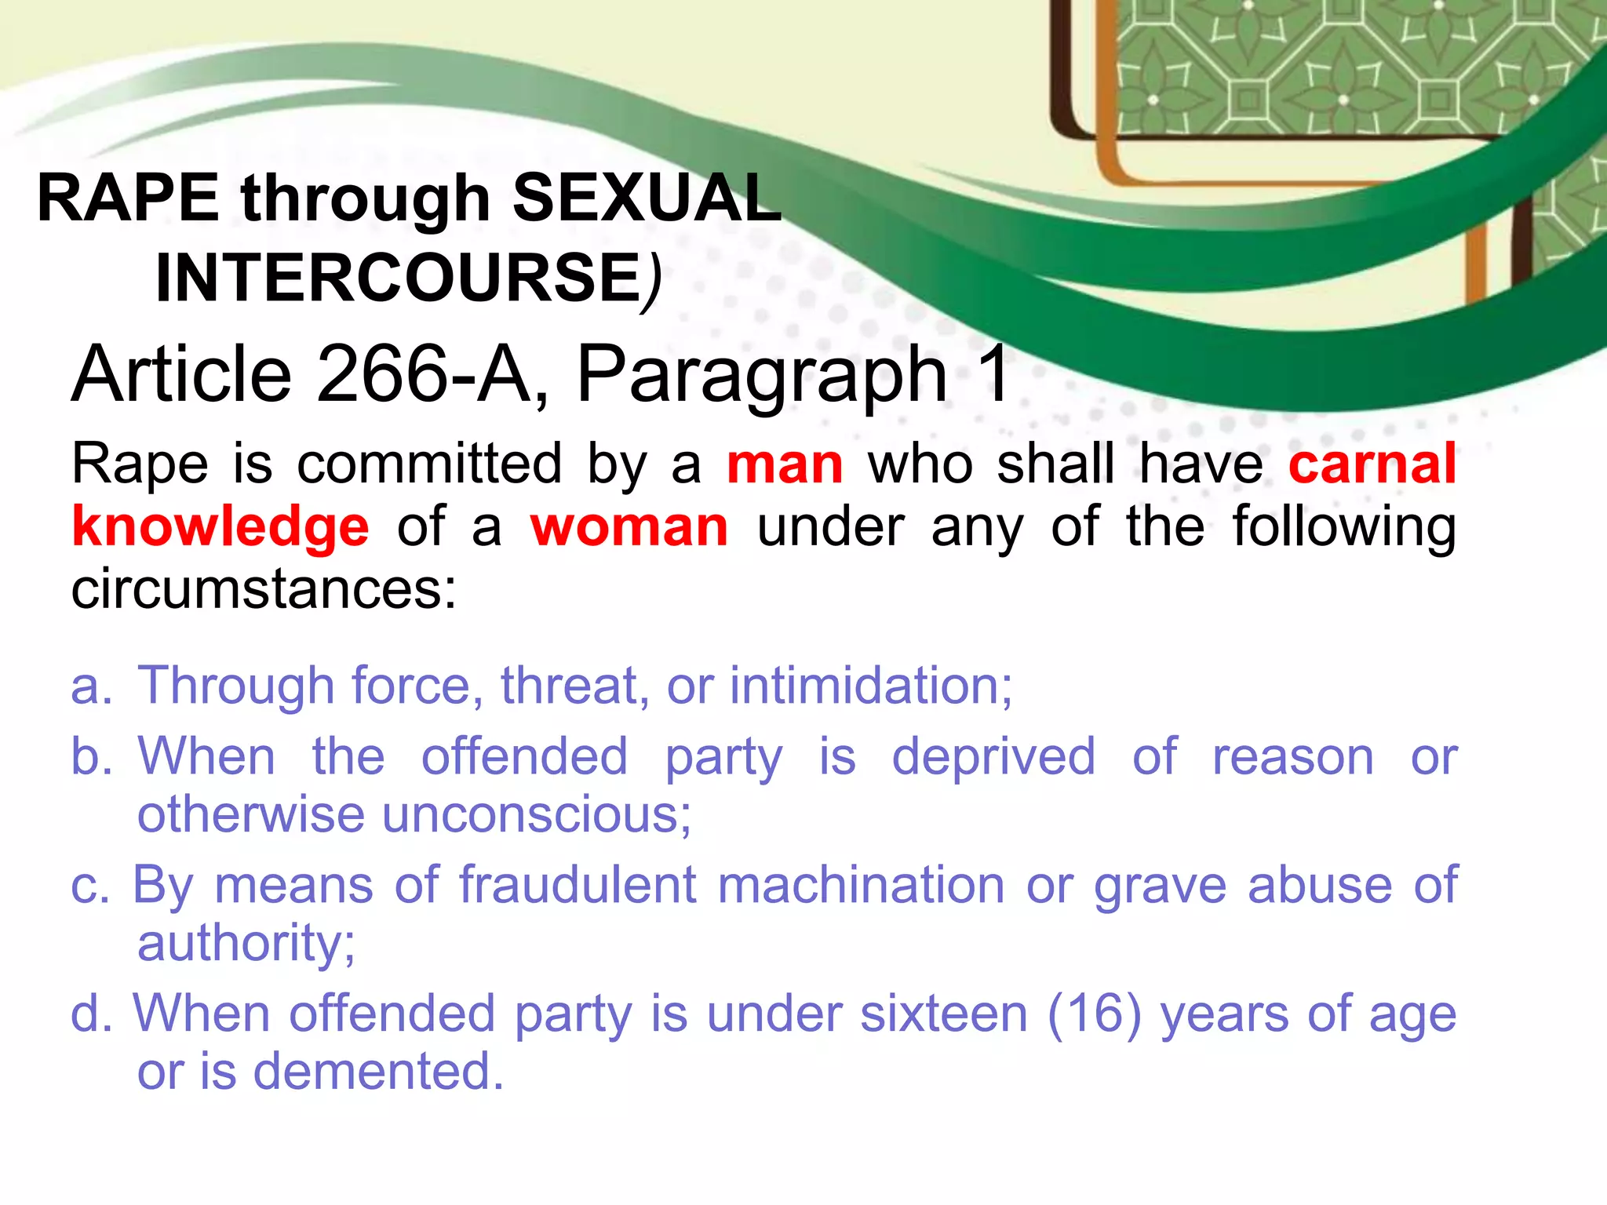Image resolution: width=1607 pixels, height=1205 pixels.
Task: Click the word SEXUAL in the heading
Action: coord(647,198)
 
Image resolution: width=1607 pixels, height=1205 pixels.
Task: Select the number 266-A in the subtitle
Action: coord(424,375)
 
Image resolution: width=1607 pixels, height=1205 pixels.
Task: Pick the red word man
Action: coord(785,464)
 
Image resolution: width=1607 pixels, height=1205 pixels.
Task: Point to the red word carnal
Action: coord(1372,464)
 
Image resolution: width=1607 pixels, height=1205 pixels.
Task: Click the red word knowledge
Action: coord(220,527)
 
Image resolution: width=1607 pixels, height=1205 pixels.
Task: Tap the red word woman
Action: coord(629,527)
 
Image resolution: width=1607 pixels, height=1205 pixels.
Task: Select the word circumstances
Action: coord(263,590)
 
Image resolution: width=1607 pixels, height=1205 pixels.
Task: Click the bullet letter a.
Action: coord(90,686)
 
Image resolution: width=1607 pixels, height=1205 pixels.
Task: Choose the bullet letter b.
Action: coord(90,756)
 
